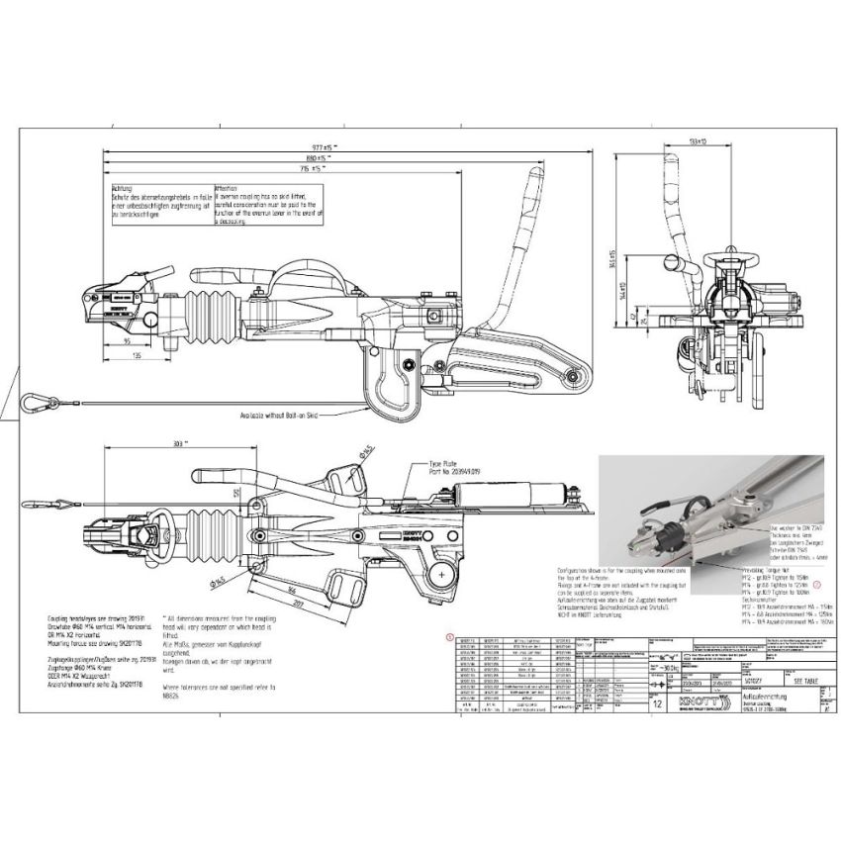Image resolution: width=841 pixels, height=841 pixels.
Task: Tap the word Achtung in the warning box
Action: (x=123, y=188)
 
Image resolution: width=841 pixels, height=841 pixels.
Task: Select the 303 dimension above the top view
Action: (x=177, y=444)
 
